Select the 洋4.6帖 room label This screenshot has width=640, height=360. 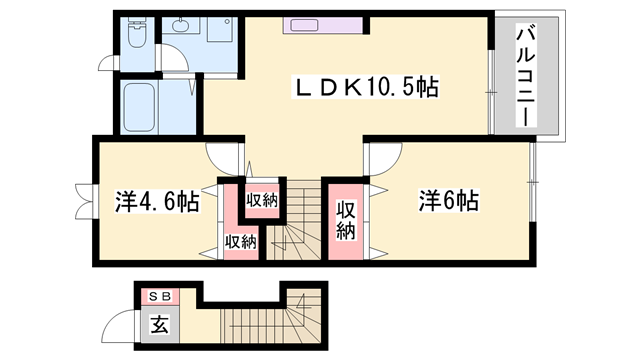[156, 201]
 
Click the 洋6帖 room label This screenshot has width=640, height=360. [448, 200]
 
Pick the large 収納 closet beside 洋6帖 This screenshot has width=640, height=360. [346, 220]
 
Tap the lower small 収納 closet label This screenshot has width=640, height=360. [240, 241]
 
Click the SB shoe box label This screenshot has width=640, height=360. [159, 296]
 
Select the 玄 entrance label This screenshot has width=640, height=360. [159, 324]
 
